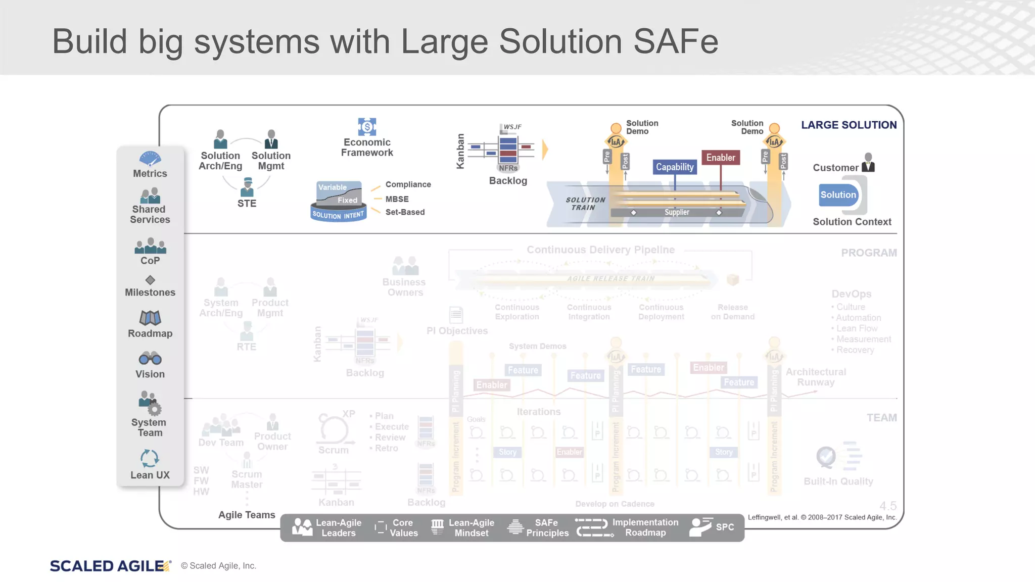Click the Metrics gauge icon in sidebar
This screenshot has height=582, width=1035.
[x=150, y=159]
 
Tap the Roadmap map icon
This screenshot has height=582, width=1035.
[x=150, y=318]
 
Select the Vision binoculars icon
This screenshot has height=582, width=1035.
[x=150, y=359]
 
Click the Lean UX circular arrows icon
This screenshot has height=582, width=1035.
[x=150, y=458]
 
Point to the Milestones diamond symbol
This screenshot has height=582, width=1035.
[x=150, y=280]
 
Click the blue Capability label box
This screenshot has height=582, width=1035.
[x=675, y=167]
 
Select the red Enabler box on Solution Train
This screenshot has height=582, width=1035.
[x=721, y=158]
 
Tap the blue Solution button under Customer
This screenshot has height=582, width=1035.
[x=838, y=195]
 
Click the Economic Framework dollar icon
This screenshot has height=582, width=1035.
[x=367, y=126]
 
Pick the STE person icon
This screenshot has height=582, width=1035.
[x=247, y=187]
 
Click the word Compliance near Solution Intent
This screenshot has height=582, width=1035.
[x=408, y=184]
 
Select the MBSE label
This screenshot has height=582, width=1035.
[x=397, y=199]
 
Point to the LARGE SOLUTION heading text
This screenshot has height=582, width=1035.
[x=849, y=125]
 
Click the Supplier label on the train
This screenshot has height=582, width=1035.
[x=677, y=212]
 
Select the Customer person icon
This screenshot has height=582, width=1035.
[x=868, y=162]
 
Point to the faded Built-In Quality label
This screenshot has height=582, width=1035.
[x=838, y=481]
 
